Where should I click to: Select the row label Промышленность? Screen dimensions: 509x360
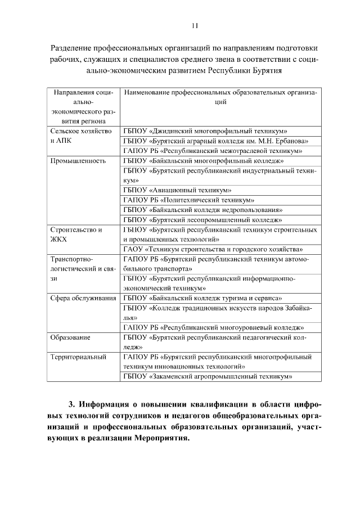click(78, 160)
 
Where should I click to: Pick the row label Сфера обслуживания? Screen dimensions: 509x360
click(83, 298)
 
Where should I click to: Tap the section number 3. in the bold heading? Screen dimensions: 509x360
click(71, 405)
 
